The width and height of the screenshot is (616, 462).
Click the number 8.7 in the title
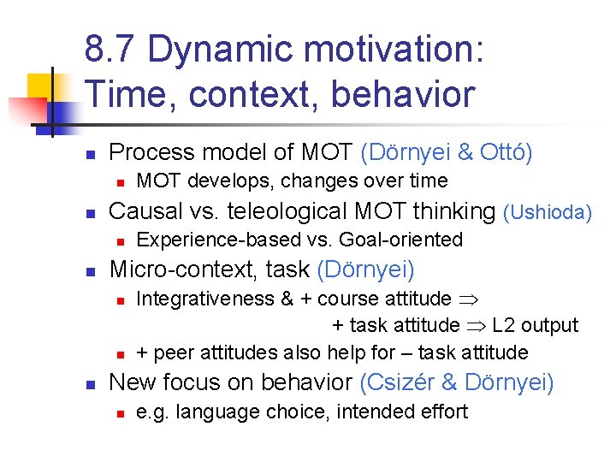110,50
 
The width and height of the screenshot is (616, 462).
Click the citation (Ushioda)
548,211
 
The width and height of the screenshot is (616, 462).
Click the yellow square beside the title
40,88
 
